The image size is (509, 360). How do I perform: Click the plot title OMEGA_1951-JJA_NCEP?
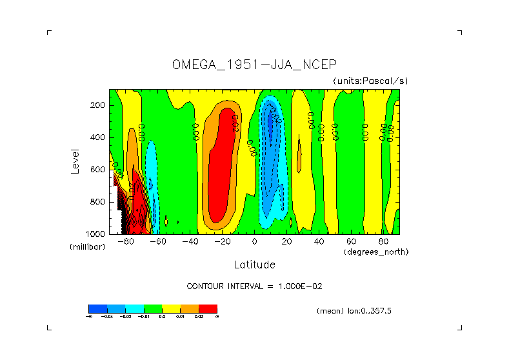point(254,65)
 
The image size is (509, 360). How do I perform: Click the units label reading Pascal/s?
point(370,81)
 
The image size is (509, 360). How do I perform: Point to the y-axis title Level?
point(75,161)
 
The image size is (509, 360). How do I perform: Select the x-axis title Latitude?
point(254,265)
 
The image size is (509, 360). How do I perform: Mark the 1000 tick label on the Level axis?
point(96,233)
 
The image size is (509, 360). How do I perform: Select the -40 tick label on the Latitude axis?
point(190,242)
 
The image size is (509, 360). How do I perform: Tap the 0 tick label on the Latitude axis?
point(255,242)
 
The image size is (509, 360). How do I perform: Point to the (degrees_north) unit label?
point(376,251)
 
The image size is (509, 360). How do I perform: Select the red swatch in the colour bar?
point(208,308)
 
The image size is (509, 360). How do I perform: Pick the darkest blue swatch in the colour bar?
point(97,308)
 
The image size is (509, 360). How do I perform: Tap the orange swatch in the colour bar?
point(190,308)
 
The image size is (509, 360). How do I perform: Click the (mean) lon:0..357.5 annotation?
point(354,311)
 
